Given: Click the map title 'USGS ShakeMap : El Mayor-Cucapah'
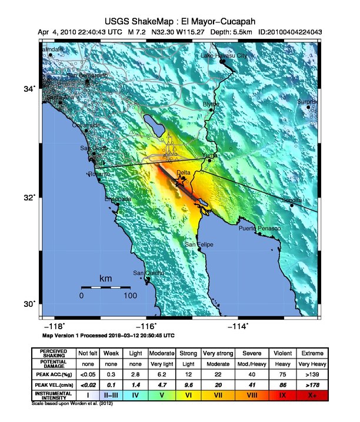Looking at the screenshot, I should click(x=180, y=19).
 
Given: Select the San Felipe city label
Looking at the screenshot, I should click(x=199, y=245).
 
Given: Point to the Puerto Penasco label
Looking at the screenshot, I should click(x=259, y=228).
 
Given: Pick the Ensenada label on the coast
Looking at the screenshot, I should click(x=118, y=199).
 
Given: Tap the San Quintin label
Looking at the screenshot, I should click(x=146, y=273).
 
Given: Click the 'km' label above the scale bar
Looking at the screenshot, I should click(x=106, y=278).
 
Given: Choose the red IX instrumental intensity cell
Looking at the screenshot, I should click(x=284, y=395).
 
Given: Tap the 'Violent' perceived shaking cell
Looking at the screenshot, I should click(x=284, y=353).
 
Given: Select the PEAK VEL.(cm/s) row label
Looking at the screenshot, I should click(x=54, y=384).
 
